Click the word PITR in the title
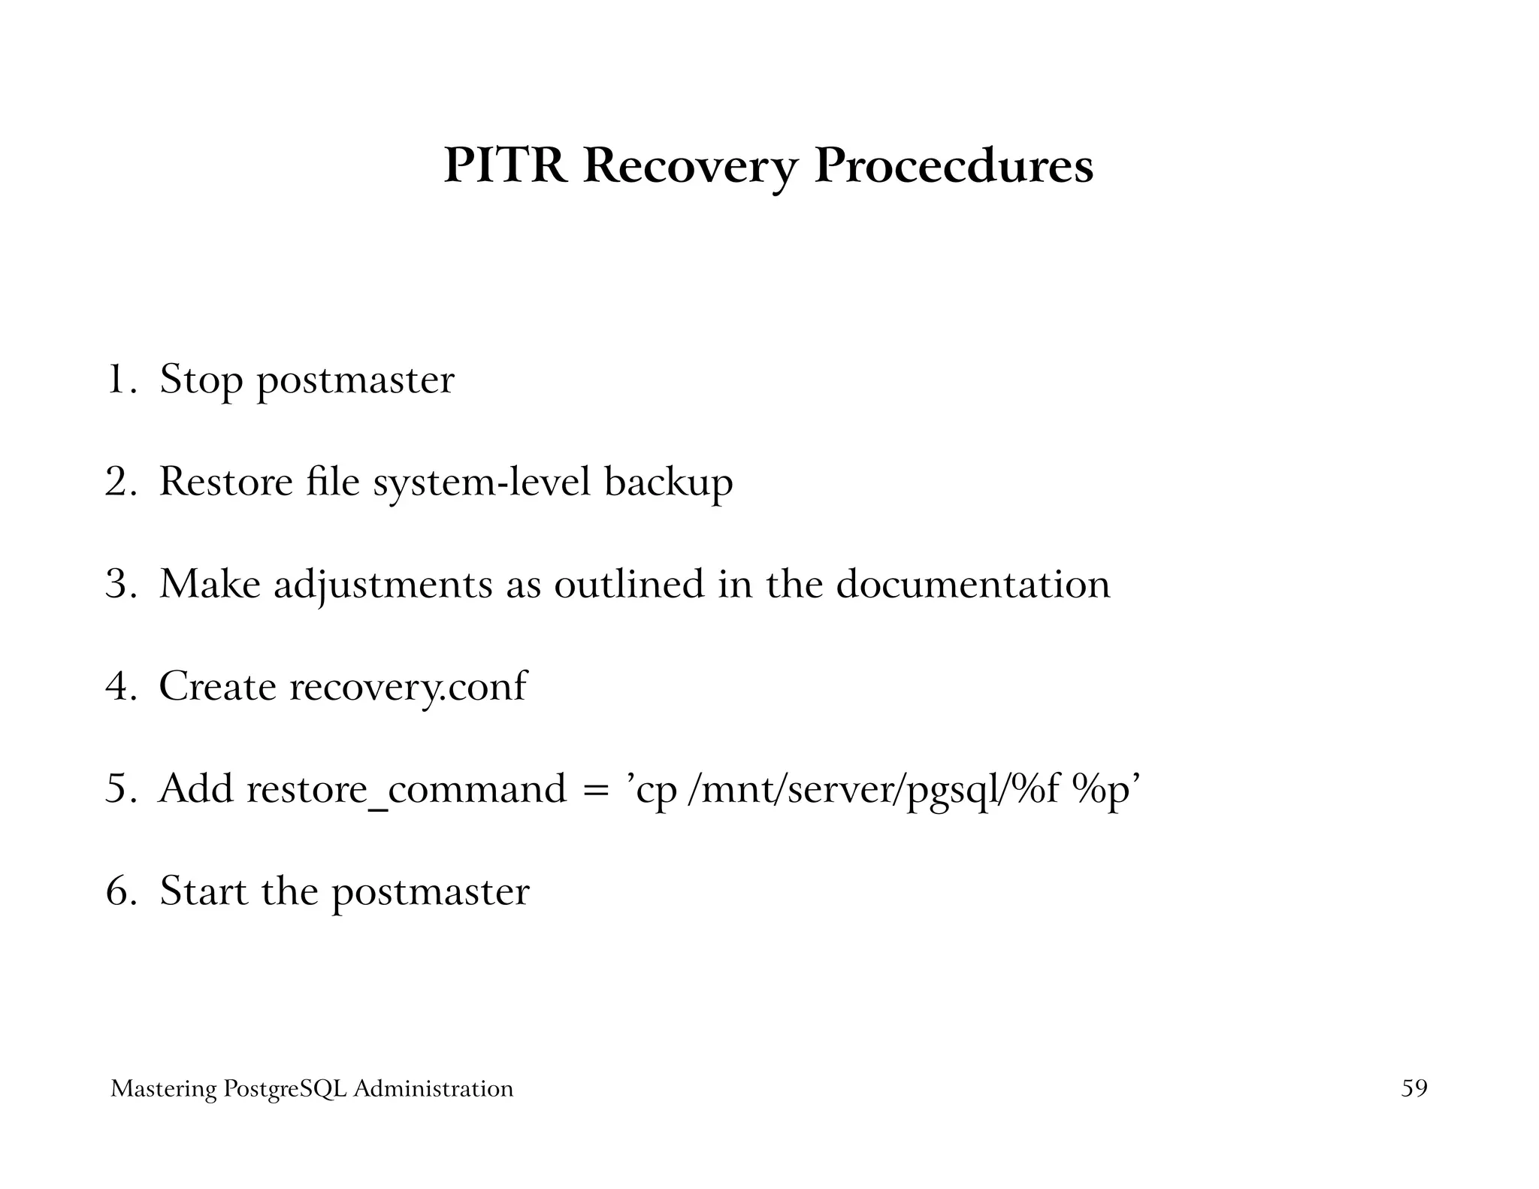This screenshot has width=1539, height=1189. click(x=505, y=165)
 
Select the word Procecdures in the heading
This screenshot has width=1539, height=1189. click(x=954, y=165)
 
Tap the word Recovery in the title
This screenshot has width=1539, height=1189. click(x=689, y=167)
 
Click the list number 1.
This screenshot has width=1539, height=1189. click(x=117, y=379)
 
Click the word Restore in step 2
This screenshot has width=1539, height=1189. click(x=225, y=482)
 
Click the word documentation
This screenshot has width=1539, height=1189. click(x=972, y=584)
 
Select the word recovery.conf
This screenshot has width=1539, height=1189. click(x=408, y=687)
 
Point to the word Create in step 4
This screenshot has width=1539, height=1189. click(x=217, y=686)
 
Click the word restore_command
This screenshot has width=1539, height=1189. click(x=407, y=789)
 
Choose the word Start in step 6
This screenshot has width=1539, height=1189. click(x=204, y=891)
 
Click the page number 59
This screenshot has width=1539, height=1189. click(x=1414, y=1088)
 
